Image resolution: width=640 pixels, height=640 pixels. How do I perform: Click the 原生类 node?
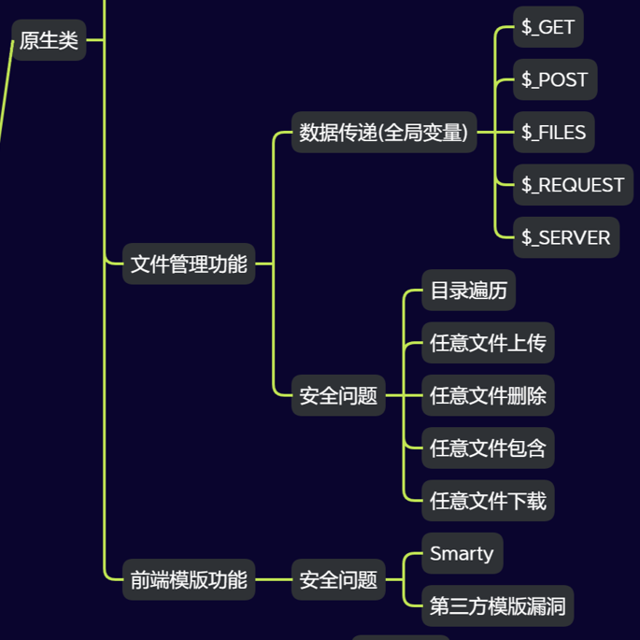point(49,41)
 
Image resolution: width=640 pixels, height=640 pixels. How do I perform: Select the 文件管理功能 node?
point(189,264)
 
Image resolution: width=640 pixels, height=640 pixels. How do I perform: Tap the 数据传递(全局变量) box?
point(383,133)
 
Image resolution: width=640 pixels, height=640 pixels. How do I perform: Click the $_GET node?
point(548,27)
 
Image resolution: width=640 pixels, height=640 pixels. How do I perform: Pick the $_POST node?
point(555,79)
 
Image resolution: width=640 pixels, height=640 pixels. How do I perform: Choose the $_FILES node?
point(554,133)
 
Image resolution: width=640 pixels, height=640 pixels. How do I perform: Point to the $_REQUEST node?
point(573,185)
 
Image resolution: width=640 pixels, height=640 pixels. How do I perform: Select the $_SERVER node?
point(566,237)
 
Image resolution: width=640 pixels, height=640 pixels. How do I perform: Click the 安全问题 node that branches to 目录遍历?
point(338,396)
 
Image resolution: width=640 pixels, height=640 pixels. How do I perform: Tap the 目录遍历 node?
point(468,291)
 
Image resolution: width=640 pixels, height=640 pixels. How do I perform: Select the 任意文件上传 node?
point(488,344)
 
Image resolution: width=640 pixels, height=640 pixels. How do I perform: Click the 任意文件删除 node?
point(488,396)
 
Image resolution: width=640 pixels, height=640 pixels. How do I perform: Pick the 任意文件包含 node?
point(488,448)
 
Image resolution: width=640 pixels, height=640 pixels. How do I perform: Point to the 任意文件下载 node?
point(488,502)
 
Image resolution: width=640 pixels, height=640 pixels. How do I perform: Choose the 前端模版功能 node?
point(189,580)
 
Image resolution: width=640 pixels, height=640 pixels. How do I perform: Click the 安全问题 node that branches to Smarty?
point(338,580)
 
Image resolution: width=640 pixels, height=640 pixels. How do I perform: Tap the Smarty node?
point(462,553)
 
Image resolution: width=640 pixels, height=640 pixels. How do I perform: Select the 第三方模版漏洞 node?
point(497,606)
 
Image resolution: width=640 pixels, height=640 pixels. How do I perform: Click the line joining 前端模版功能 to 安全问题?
point(273,580)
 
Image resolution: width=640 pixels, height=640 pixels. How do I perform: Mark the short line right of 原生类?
point(95,40)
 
